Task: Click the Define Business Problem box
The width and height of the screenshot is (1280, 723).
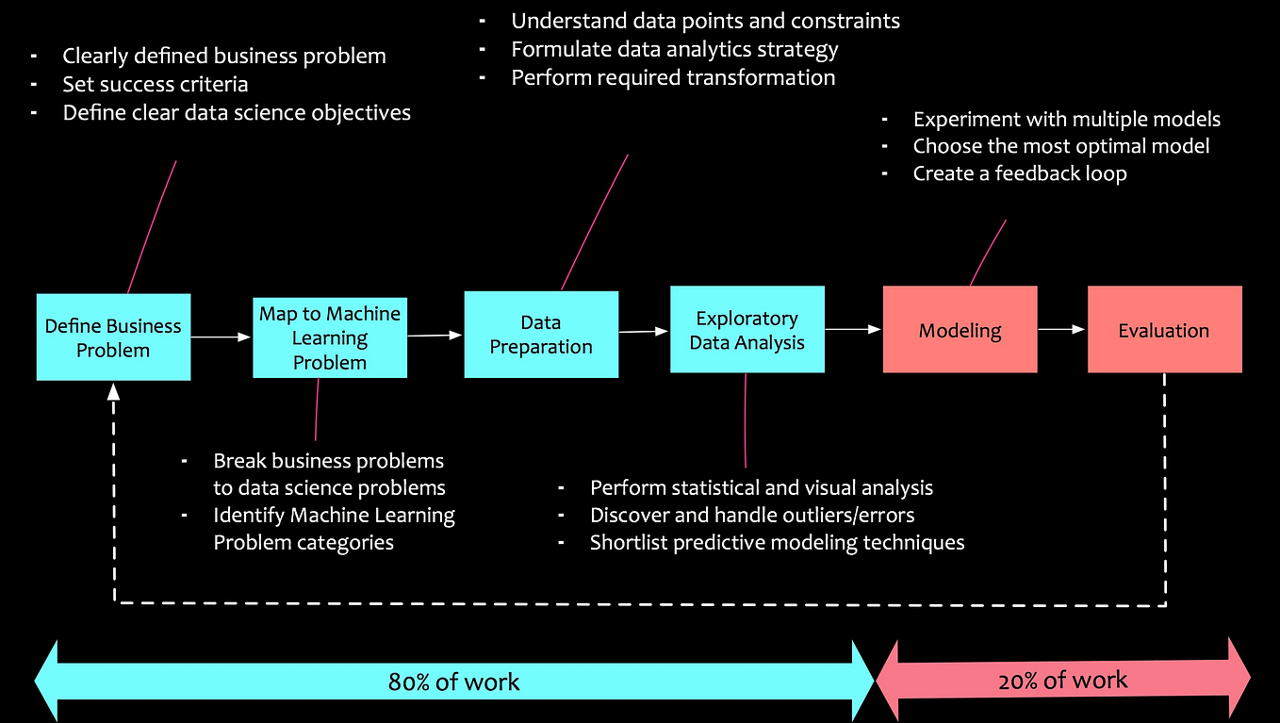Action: [x=113, y=337]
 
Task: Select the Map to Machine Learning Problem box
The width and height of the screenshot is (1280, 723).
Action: [x=330, y=337]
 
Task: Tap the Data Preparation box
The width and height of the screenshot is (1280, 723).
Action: [x=541, y=335]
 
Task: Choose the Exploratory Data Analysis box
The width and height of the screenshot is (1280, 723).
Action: [x=747, y=330]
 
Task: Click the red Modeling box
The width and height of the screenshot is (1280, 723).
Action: [x=960, y=330]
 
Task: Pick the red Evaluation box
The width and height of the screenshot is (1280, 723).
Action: [x=1164, y=330]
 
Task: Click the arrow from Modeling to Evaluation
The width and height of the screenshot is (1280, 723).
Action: [x=1062, y=329]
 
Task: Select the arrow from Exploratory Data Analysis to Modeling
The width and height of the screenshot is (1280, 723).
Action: [x=853, y=329]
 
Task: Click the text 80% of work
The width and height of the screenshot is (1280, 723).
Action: [x=453, y=682]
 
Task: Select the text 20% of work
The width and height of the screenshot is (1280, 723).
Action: [x=1062, y=680]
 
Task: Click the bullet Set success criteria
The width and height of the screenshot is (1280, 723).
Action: [x=156, y=84]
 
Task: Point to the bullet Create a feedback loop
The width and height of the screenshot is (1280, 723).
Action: [x=1019, y=173]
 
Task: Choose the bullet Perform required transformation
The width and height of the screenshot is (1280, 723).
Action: [x=673, y=77]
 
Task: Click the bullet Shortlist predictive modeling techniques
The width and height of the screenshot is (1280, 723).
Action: [x=777, y=542]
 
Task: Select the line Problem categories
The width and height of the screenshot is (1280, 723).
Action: [x=304, y=542]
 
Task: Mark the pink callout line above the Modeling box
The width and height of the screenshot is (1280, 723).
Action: [x=988, y=253]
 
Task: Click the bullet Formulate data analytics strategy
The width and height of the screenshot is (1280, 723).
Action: [x=674, y=49]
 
